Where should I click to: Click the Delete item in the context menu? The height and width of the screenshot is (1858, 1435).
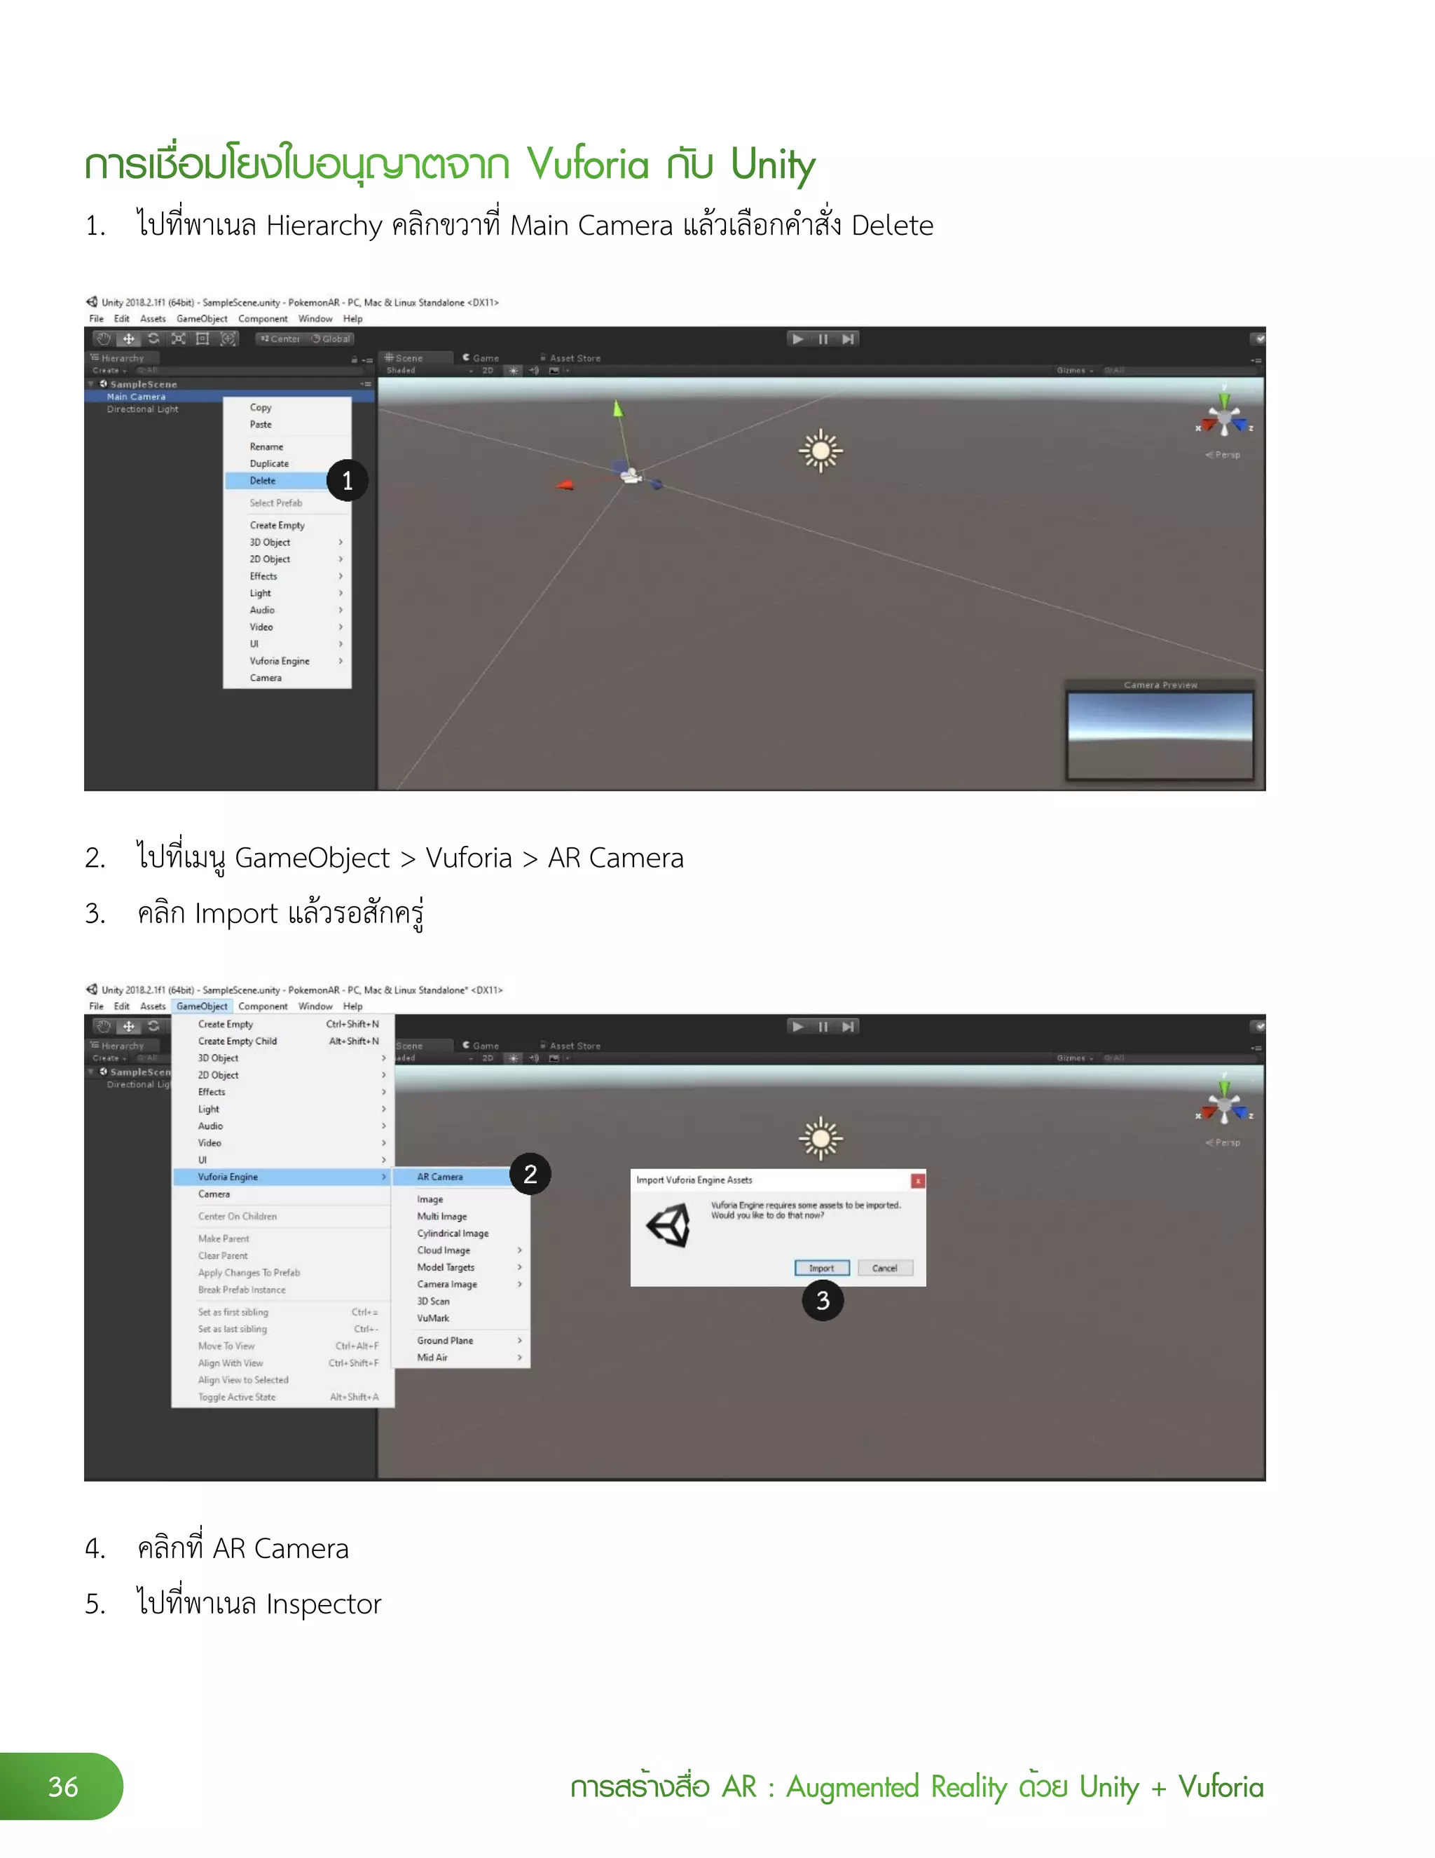coord(263,481)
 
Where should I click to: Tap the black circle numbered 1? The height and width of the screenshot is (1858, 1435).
coord(347,481)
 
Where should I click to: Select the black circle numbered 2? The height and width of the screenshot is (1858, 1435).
coord(530,1174)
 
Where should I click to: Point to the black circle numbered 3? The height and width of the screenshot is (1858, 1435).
coord(823,1300)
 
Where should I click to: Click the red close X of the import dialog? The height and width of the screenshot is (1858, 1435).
coord(918,1181)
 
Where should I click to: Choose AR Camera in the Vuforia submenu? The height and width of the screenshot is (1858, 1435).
coord(440,1177)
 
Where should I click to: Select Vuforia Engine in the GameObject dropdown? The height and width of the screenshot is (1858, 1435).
coord(228,1177)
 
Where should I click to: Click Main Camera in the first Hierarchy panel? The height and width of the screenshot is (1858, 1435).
coord(136,397)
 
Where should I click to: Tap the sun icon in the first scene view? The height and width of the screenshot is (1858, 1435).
coord(820,450)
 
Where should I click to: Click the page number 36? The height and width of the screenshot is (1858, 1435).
coord(63,1786)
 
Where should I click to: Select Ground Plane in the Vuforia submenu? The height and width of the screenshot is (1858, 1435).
coord(445,1340)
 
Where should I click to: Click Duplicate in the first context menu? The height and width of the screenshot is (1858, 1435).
coord(269,464)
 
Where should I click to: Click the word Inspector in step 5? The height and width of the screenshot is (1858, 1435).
coord(323,1604)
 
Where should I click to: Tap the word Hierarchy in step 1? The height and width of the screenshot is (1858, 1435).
coord(324,226)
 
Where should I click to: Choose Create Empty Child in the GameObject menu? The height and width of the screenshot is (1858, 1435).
coord(238,1041)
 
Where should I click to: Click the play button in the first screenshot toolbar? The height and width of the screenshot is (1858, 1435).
coord(797,339)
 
